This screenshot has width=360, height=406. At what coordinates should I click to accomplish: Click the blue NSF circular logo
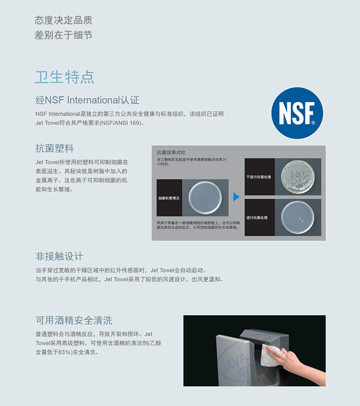(x=297, y=113)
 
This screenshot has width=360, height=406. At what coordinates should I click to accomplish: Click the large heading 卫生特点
(x=64, y=77)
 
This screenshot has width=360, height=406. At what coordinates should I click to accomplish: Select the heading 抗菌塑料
(x=55, y=148)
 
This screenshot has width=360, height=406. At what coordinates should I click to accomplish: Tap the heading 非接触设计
(x=60, y=256)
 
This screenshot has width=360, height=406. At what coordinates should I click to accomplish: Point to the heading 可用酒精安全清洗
(x=74, y=320)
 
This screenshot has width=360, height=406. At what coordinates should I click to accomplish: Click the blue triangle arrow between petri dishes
(x=236, y=197)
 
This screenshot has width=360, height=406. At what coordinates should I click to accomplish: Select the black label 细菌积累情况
(x=169, y=198)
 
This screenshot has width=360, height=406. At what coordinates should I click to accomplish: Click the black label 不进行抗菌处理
(x=260, y=177)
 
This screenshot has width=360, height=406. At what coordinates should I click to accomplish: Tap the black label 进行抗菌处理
(x=260, y=217)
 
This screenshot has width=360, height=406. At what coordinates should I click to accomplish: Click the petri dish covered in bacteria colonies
(x=298, y=177)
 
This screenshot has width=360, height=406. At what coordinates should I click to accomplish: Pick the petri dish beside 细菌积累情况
(x=205, y=198)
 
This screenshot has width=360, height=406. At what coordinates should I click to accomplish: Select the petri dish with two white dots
(x=298, y=217)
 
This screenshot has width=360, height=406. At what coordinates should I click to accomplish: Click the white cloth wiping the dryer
(x=271, y=355)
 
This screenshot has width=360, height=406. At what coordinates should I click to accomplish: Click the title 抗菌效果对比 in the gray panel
(x=171, y=153)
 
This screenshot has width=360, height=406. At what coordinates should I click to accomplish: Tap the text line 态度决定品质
(x=63, y=20)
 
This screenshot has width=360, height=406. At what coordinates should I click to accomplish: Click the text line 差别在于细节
(x=63, y=35)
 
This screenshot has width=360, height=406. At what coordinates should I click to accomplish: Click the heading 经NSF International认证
(x=87, y=100)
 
